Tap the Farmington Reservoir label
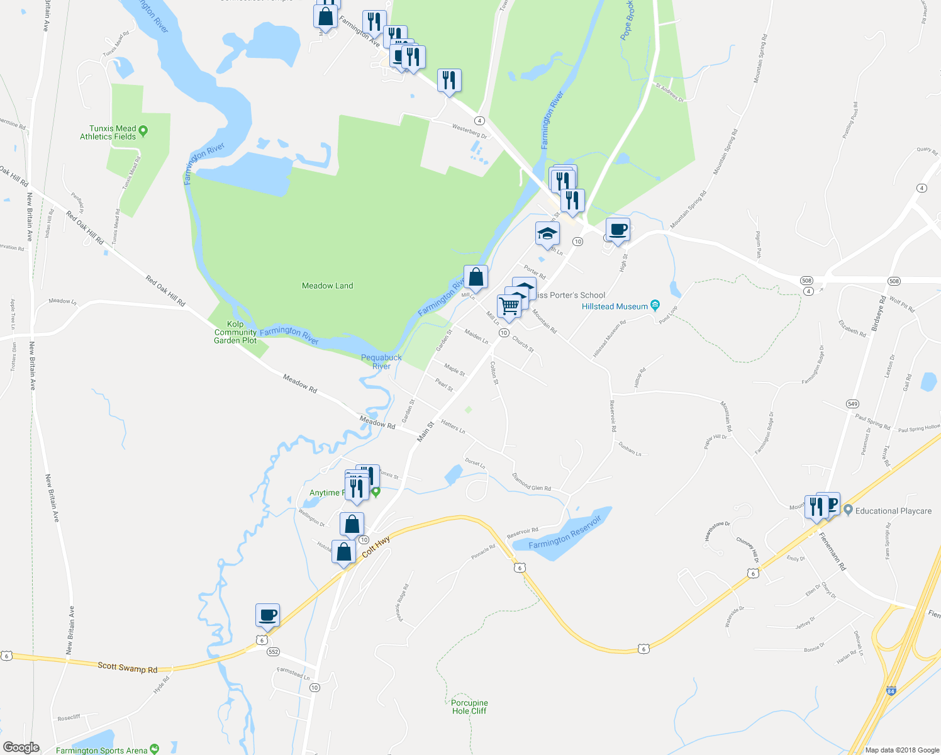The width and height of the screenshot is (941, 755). (565, 532)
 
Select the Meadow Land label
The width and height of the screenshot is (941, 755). (327, 286)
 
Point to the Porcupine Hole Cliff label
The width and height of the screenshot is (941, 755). (469, 707)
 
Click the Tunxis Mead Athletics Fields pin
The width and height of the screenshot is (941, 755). (143, 131)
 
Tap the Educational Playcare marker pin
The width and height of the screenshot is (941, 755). (848, 510)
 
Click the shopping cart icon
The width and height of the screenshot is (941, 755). (509, 306)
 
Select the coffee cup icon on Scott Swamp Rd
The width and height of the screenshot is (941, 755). (267, 614)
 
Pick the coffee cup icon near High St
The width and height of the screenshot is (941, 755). (618, 229)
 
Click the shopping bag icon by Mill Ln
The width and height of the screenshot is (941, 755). (476, 277)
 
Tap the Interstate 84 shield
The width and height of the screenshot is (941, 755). (891, 691)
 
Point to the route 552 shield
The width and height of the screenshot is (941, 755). (273, 652)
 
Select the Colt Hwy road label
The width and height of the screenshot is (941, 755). (376, 547)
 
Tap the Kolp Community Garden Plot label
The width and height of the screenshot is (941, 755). (235, 332)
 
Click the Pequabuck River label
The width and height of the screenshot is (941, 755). (381, 362)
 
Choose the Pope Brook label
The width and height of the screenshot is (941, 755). (627, 20)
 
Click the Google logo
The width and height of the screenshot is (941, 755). (21, 747)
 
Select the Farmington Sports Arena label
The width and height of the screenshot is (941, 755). (101, 750)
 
